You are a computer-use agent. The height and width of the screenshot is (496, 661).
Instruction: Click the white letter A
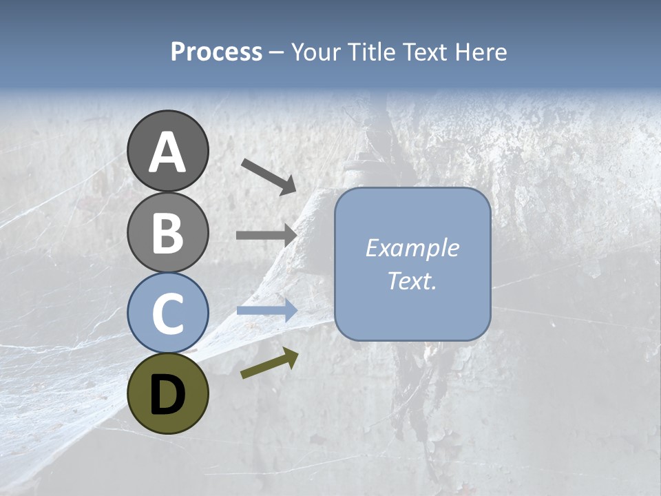coord(167,152)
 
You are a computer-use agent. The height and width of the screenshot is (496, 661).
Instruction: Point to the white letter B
coord(167,233)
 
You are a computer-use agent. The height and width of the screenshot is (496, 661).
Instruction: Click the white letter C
coord(167,313)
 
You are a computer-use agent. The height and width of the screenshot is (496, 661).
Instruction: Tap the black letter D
coord(167,395)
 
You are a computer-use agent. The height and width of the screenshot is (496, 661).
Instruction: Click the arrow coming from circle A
coord(268,176)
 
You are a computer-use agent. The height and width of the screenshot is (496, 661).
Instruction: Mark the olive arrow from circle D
coord(269,363)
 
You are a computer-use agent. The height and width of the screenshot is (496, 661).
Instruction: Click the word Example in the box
coord(412,248)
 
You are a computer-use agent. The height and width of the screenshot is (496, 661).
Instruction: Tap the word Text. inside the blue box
coord(412,280)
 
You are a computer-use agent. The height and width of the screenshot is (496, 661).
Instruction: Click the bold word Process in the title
coord(216,52)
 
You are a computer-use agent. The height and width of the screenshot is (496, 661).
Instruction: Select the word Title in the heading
coord(373,52)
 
